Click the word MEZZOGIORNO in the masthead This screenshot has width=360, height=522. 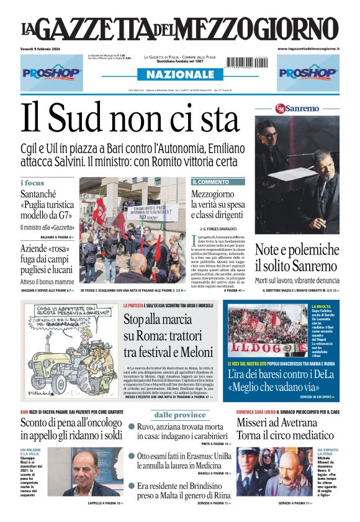click(x=261, y=29)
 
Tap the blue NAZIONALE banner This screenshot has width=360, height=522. click(x=180, y=74)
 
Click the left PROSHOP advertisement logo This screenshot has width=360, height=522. click(x=52, y=73)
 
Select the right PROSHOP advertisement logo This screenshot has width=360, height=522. click(x=308, y=73)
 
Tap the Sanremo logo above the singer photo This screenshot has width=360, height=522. click(x=297, y=107)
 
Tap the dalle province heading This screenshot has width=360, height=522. click(x=180, y=415)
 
